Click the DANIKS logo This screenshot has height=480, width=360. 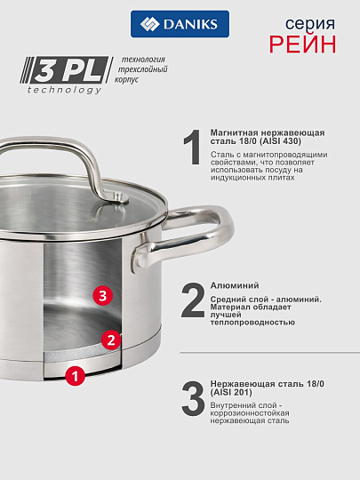180,24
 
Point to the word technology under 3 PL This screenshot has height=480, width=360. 65,90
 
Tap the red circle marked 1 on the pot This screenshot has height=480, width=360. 76,377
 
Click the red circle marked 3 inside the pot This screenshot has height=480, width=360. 103,295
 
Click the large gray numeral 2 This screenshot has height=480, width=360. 193,301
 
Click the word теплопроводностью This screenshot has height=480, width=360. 252,322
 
